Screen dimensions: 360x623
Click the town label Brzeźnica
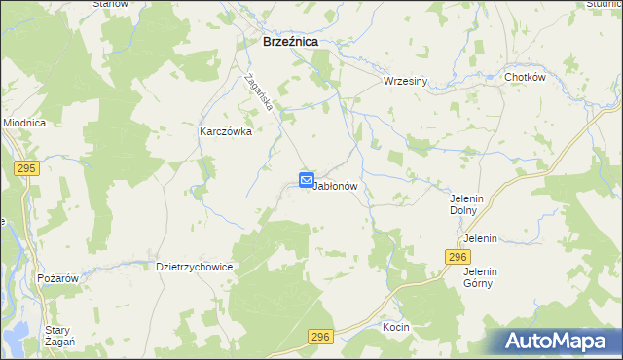(292, 43)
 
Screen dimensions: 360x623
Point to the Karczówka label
(226, 131)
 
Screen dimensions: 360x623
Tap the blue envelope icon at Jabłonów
(306, 180)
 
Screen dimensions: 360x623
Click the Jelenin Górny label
(481, 277)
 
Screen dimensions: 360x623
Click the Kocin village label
(396, 327)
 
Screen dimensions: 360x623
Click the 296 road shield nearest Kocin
(322, 337)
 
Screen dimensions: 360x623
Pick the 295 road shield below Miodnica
(26, 168)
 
